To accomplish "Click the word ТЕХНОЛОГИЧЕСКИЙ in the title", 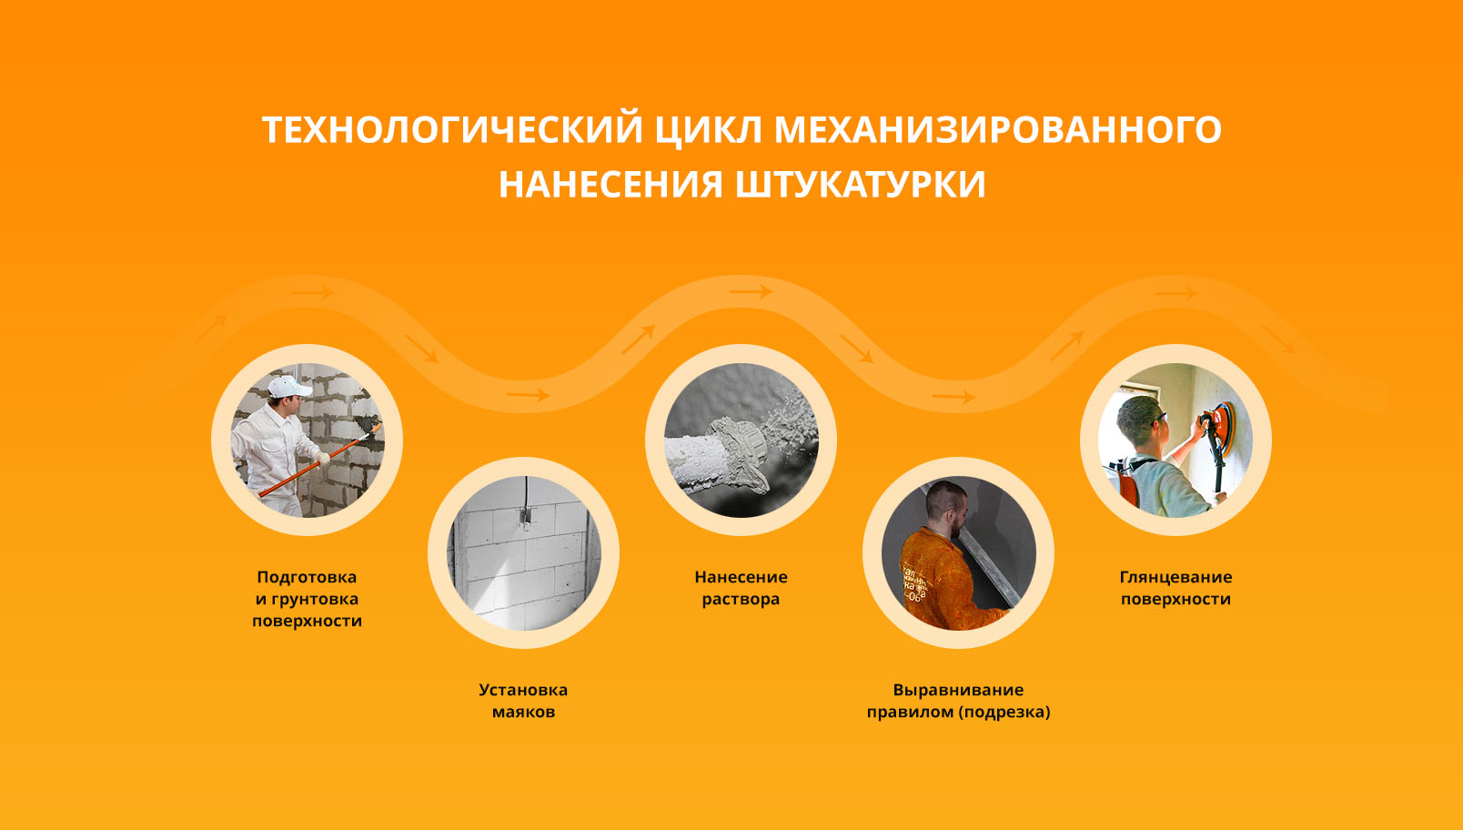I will [452, 129].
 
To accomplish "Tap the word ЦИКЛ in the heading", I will [709, 129].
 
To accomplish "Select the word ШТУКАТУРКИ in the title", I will [860, 185].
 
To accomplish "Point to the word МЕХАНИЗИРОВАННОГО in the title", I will [997, 129].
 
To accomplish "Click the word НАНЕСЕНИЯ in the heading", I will [610, 185].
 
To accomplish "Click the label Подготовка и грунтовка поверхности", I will [307, 599].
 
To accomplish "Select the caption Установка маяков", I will [523, 701].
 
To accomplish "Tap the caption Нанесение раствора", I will [741, 588].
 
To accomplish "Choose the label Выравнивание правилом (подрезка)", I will [958, 701].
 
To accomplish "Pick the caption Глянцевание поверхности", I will [1175, 588].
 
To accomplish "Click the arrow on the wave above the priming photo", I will [315, 293].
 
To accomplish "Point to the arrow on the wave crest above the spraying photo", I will [751, 292].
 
